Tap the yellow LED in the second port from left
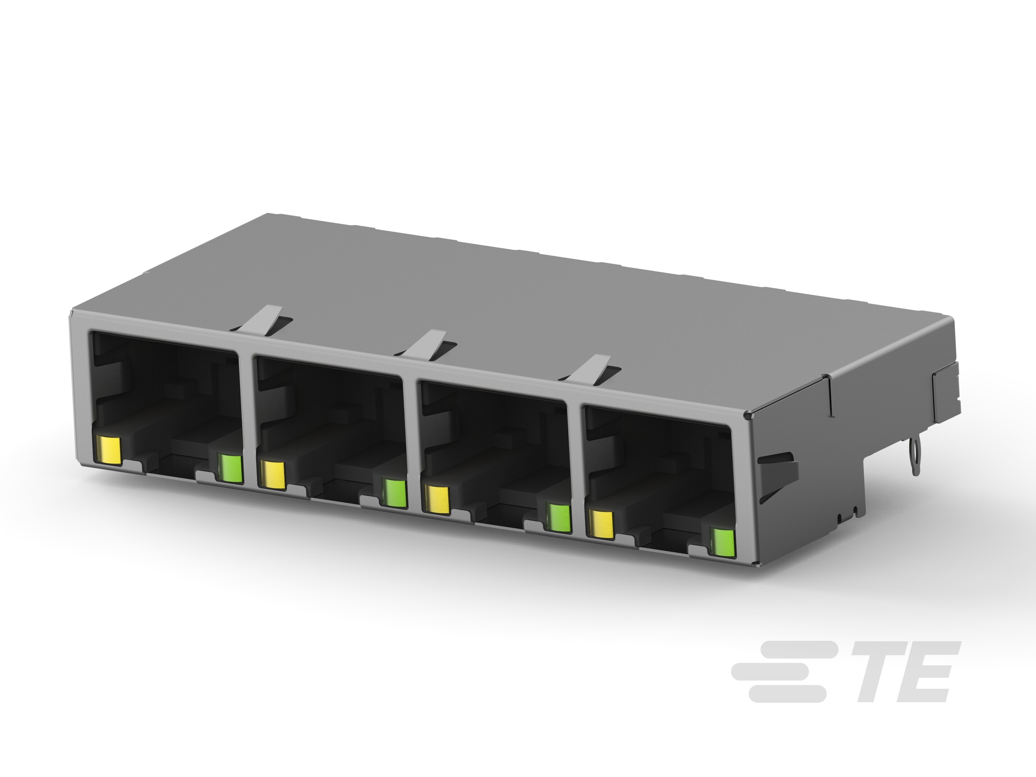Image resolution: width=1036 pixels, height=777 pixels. coord(272,476)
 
